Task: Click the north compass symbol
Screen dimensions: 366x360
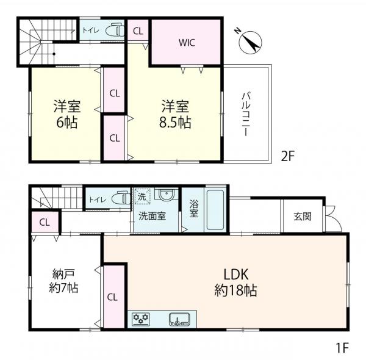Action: (x=250, y=42)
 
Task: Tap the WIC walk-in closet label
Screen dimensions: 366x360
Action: (x=187, y=43)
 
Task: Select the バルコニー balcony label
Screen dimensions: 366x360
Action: (x=246, y=114)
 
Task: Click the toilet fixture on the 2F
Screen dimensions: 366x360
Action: (x=115, y=30)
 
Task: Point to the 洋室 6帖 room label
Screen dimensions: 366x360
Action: (x=67, y=114)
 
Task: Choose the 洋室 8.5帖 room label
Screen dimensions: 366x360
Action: (x=175, y=114)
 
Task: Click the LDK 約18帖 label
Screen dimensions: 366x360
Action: (x=235, y=283)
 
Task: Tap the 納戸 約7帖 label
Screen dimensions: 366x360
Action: (x=63, y=281)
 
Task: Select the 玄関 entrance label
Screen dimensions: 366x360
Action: (x=303, y=217)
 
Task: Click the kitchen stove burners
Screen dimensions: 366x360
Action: (x=141, y=319)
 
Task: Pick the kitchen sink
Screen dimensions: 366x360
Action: (x=179, y=319)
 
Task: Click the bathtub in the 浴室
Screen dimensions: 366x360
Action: (x=215, y=210)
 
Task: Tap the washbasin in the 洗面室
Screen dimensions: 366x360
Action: (x=167, y=194)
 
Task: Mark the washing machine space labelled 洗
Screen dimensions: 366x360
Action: (x=142, y=196)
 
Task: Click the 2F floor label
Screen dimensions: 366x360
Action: (x=288, y=156)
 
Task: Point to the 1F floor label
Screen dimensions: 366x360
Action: (x=342, y=348)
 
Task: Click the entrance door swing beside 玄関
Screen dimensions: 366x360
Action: (x=333, y=219)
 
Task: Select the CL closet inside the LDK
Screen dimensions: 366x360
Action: (x=114, y=297)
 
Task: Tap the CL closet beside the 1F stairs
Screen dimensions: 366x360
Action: (x=45, y=222)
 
